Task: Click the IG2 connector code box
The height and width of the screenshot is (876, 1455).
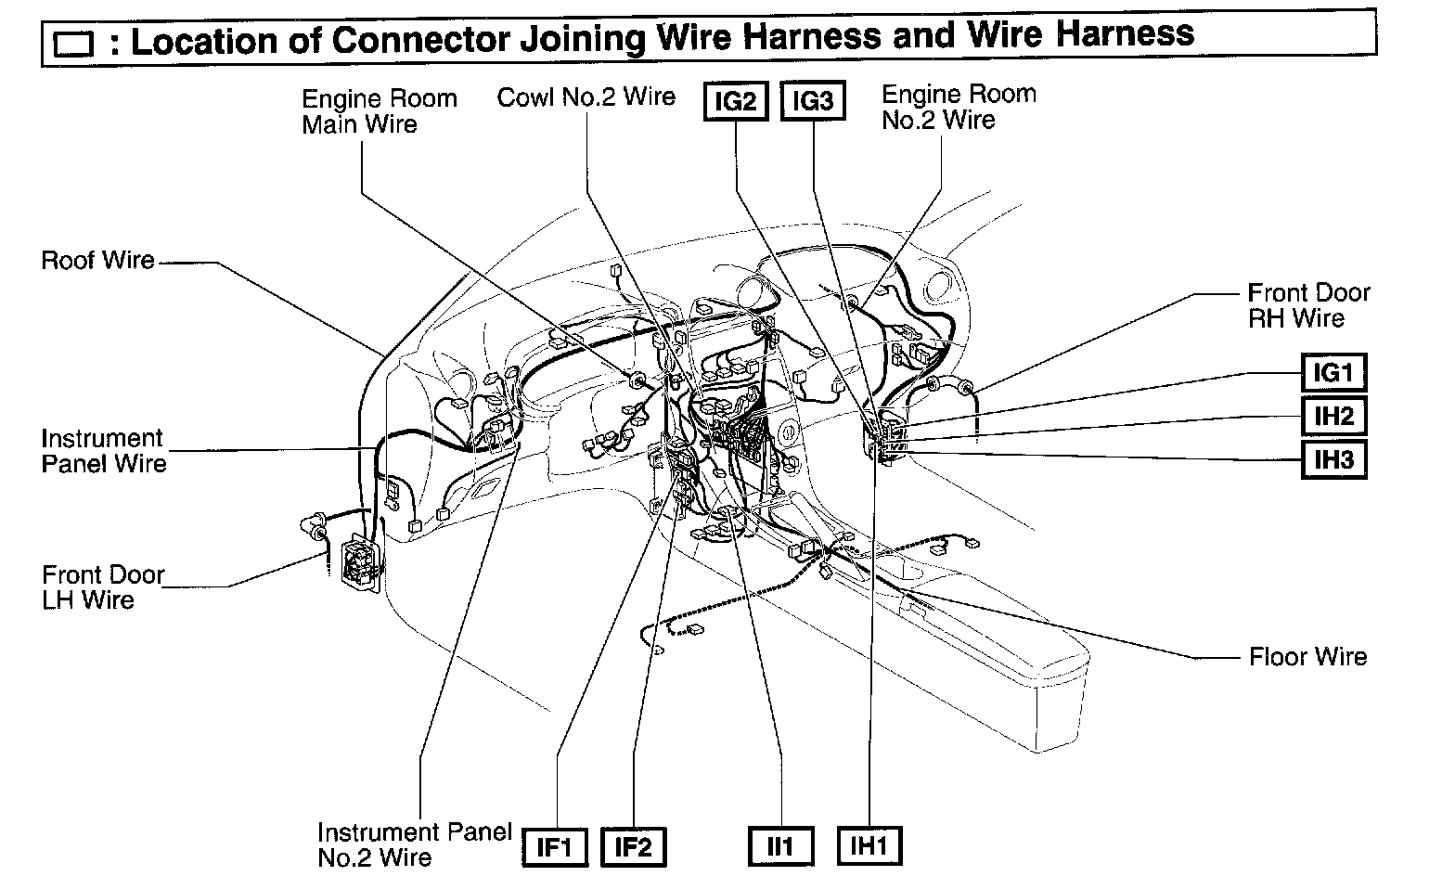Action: point(736,101)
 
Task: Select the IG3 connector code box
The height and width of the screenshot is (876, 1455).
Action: point(813,101)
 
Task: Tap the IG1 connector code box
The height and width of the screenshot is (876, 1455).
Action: point(1333,373)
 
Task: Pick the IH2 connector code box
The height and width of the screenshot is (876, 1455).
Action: point(1333,416)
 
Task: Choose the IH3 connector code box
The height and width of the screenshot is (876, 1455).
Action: point(1333,458)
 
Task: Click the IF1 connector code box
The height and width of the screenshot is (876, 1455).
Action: point(556,846)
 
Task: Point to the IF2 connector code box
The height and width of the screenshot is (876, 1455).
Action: point(634,846)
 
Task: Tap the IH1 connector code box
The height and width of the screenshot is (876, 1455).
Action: point(869,846)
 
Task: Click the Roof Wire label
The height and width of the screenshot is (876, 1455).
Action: point(97,260)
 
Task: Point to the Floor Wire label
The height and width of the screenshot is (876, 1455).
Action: point(1307,657)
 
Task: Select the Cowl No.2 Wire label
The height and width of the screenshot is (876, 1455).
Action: point(586,97)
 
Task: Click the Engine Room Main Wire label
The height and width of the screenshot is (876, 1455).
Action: point(379,111)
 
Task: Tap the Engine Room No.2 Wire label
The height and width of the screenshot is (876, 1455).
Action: point(958,107)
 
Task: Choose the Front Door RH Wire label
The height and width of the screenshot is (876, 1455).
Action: point(1307,305)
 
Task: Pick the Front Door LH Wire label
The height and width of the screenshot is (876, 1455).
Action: point(102,586)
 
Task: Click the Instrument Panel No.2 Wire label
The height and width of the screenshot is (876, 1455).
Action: point(414,844)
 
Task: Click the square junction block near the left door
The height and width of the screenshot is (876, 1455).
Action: point(360,563)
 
